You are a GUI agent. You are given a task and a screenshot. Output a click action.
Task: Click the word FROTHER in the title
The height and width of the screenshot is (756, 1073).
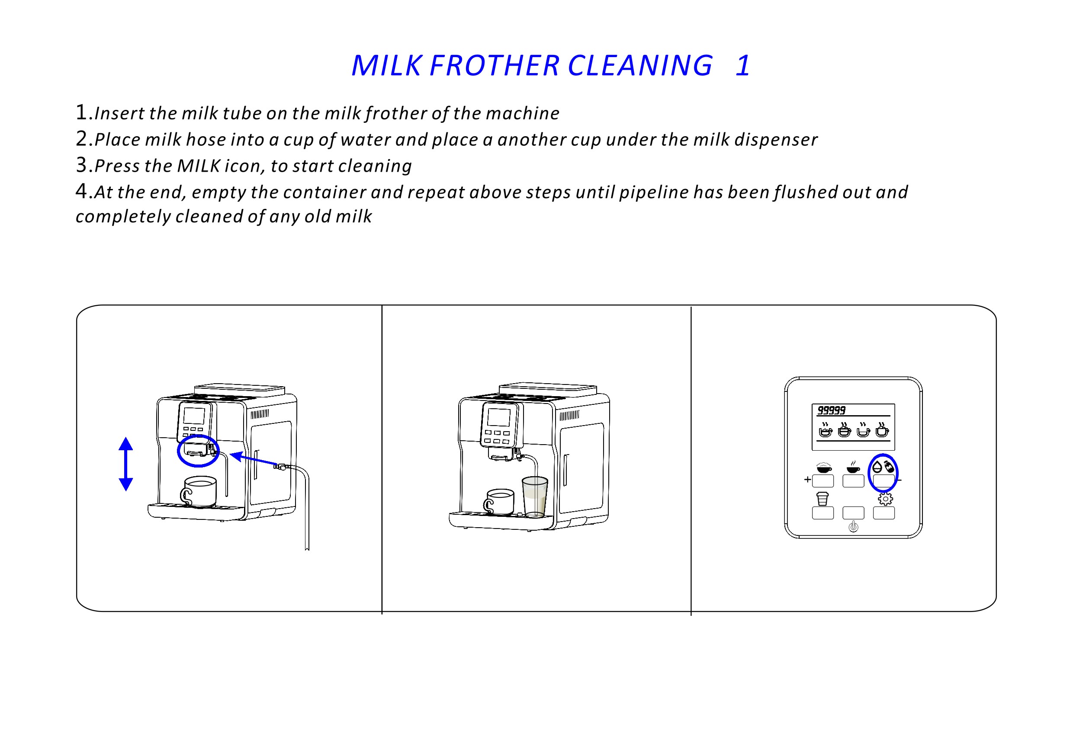pos(494,65)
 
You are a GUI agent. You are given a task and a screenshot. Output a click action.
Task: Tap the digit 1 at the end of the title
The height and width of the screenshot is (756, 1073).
pos(742,65)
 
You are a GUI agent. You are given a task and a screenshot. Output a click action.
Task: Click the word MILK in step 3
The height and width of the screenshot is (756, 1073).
pos(199,166)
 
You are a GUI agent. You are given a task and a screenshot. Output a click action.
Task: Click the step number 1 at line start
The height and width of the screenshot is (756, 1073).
pos(81,112)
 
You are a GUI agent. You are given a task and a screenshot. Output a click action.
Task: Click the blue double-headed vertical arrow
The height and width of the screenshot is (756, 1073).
pos(126,464)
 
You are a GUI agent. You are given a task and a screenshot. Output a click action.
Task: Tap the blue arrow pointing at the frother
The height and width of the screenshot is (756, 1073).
pos(252,459)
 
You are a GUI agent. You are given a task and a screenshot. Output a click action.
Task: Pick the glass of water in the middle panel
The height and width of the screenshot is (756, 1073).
pos(534,496)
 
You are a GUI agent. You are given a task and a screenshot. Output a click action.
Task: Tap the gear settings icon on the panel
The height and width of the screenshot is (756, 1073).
pos(885,499)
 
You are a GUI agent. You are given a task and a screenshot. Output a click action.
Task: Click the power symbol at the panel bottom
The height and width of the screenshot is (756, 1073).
pos(853,527)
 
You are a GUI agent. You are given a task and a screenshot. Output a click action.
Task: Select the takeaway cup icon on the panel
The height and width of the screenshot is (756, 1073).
pos(822,499)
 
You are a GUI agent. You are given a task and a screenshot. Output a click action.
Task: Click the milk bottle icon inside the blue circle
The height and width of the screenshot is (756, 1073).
pos(889,466)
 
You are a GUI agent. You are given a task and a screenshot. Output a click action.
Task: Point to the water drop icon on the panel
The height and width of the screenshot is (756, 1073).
pos(877,467)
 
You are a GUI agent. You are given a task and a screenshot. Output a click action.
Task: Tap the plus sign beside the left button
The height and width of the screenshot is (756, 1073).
pos(807,479)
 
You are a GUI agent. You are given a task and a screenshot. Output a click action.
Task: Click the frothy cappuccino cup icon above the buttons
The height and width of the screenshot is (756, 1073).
pos(823,467)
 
